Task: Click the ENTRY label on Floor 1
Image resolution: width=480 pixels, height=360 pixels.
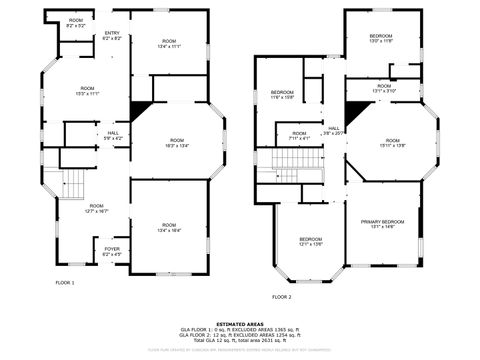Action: (x=112, y=36)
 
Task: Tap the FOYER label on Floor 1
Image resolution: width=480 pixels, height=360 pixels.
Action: (x=112, y=252)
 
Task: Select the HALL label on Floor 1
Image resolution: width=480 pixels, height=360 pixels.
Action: (x=114, y=135)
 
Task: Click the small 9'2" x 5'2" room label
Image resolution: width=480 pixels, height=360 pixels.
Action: (x=76, y=23)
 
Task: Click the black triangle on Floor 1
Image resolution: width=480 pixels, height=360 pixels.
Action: (x=140, y=109)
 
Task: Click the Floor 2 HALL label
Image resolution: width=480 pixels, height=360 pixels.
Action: (x=334, y=130)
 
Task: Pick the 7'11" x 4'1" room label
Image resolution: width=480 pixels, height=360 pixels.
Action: (x=299, y=136)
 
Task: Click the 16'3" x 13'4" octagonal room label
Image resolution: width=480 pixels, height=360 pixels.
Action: (x=177, y=142)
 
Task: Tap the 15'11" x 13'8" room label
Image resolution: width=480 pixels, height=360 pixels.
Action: (x=392, y=143)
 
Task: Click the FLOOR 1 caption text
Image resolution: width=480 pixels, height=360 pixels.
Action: (x=64, y=283)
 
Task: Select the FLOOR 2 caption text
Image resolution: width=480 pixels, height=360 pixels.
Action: (x=282, y=297)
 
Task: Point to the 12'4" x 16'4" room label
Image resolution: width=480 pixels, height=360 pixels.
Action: (x=169, y=227)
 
